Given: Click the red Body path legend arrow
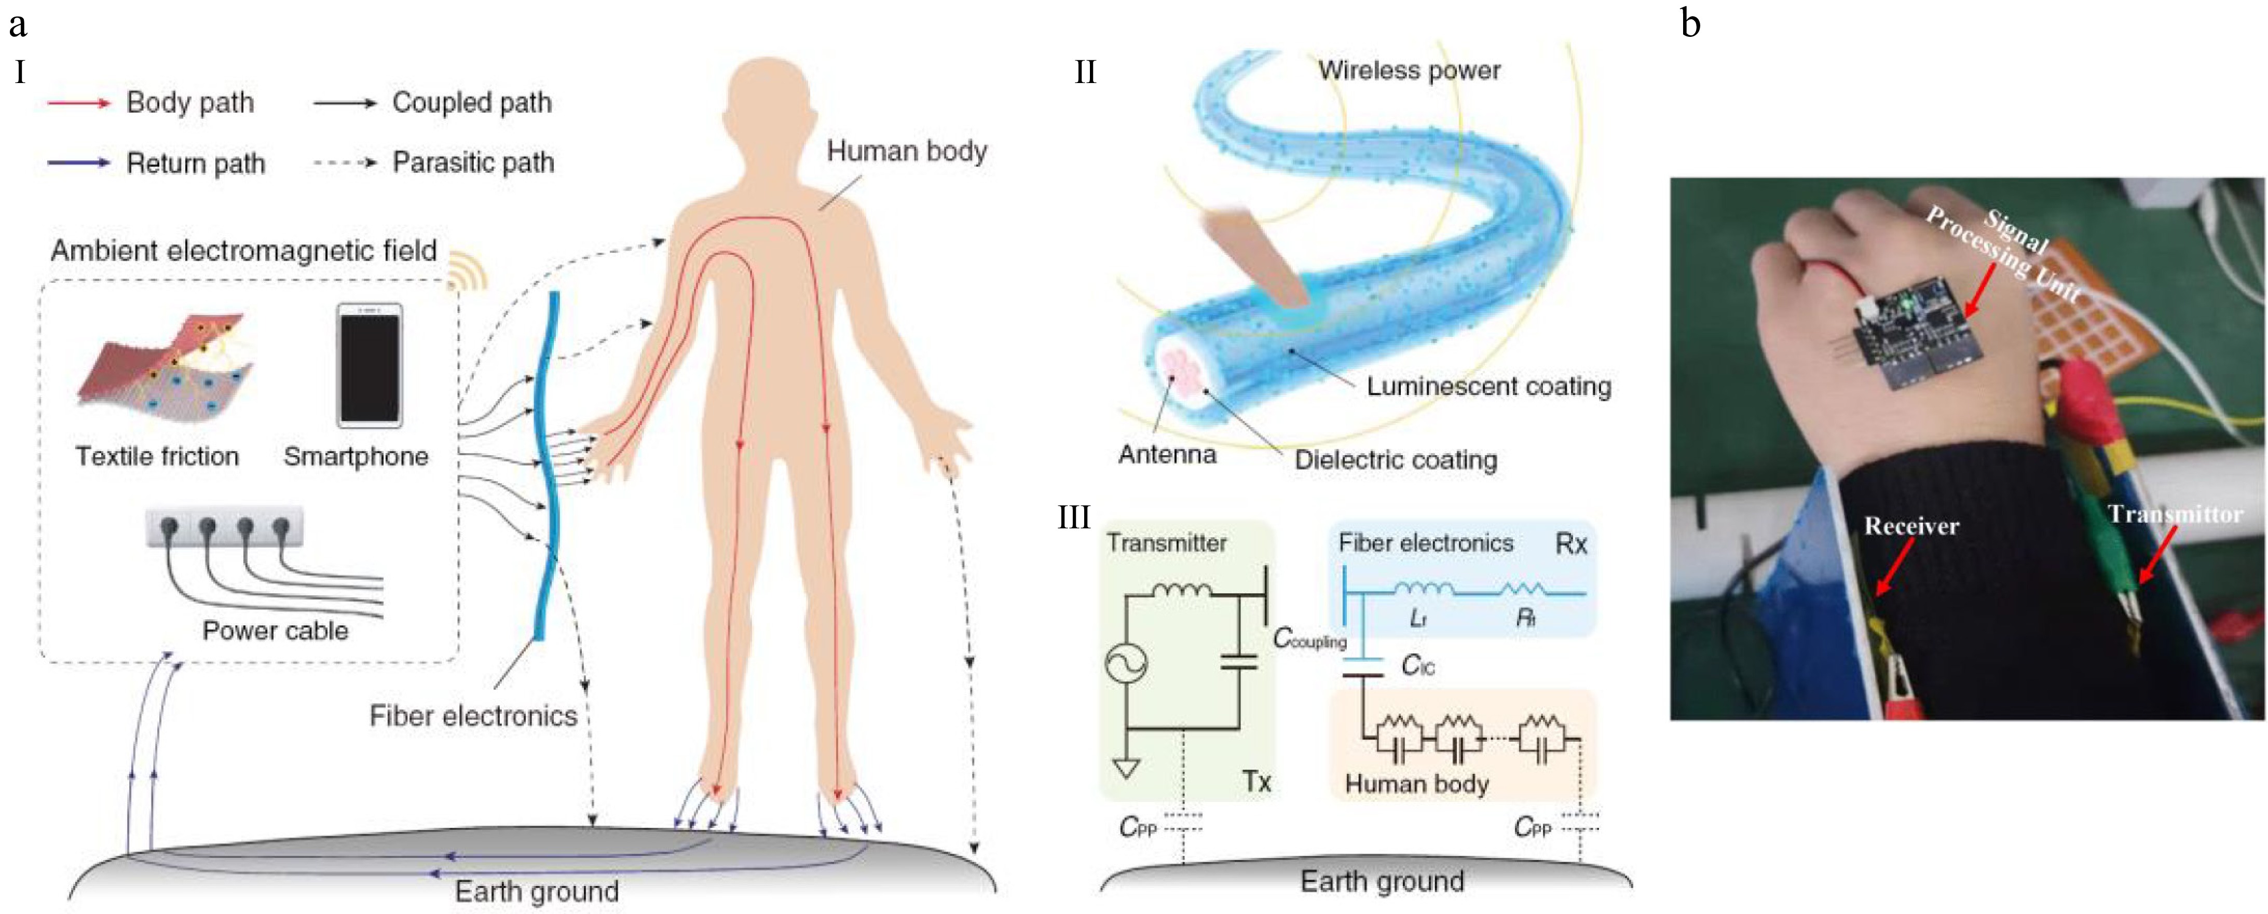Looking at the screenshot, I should (x=79, y=103).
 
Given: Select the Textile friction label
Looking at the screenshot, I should (x=157, y=456).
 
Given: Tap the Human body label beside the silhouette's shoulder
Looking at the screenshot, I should (x=906, y=152).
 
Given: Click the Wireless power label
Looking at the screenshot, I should (x=1409, y=71).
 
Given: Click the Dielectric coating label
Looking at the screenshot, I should (x=1396, y=460).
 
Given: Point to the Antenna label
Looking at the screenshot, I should (x=1167, y=454).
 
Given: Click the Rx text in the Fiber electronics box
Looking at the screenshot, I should (x=1570, y=544).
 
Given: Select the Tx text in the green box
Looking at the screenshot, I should (x=1256, y=781).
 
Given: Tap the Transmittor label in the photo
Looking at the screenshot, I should (x=2175, y=514).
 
